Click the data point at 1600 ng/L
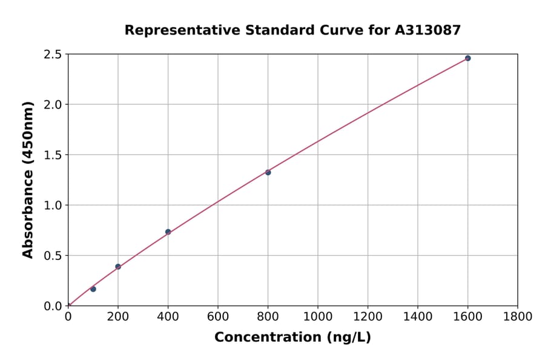point(467,58)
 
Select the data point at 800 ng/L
point(268,172)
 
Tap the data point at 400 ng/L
point(168,232)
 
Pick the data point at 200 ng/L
point(118,267)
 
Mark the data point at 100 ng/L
point(93,289)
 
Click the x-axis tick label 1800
point(518,316)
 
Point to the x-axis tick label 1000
point(318,316)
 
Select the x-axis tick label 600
point(218,316)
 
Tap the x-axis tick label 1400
point(418,316)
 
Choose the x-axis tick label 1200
point(368,316)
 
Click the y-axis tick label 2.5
point(53,55)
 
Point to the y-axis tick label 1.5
point(53,155)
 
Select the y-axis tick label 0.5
point(53,256)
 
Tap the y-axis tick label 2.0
point(53,105)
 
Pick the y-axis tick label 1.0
point(53,205)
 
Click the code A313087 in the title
point(428,30)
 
